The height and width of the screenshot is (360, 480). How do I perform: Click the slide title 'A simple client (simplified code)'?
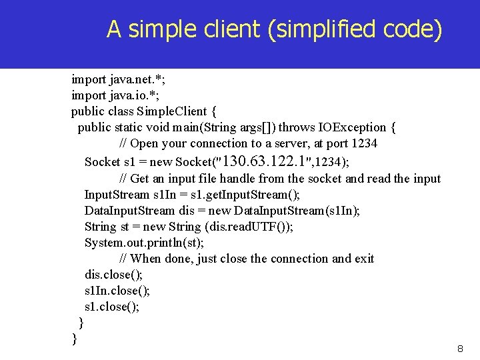[x=274, y=29]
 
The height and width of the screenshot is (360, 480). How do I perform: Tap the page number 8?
[x=459, y=349]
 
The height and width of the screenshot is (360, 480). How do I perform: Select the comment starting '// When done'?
[x=247, y=259]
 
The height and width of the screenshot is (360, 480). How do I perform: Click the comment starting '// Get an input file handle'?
[x=280, y=179]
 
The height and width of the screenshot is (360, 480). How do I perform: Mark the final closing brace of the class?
[x=75, y=339]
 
